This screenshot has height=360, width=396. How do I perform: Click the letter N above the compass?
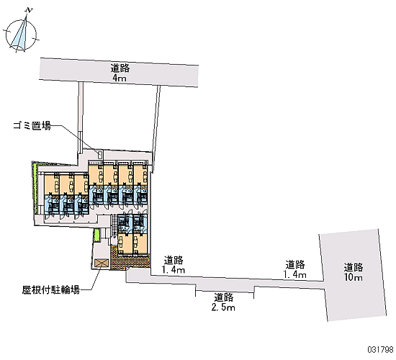[x=30, y=10]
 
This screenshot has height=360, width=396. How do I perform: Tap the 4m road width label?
[x=120, y=78]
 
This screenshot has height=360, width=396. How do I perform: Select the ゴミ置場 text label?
[x=32, y=125]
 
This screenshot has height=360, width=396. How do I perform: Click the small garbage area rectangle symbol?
[x=100, y=154]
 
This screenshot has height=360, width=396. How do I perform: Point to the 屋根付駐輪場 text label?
[x=51, y=289]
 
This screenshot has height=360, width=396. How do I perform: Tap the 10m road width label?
[x=353, y=277]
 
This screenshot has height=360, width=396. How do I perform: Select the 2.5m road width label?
[x=223, y=307]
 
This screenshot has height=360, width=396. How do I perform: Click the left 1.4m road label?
[x=174, y=270]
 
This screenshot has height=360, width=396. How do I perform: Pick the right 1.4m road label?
[x=294, y=274]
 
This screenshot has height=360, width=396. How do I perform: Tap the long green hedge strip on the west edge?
[x=36, y=188]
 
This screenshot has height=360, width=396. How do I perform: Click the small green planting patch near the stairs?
[x=96, y=235]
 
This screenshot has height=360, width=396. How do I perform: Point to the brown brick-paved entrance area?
[x=130, y=261]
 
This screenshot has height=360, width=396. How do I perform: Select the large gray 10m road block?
[x=353, y=275]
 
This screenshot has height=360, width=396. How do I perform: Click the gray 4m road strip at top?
[x=119, y=73]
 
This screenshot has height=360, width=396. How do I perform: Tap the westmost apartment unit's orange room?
[x=52, y=185]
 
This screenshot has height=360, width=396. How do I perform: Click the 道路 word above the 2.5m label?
[x=224, y=297]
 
